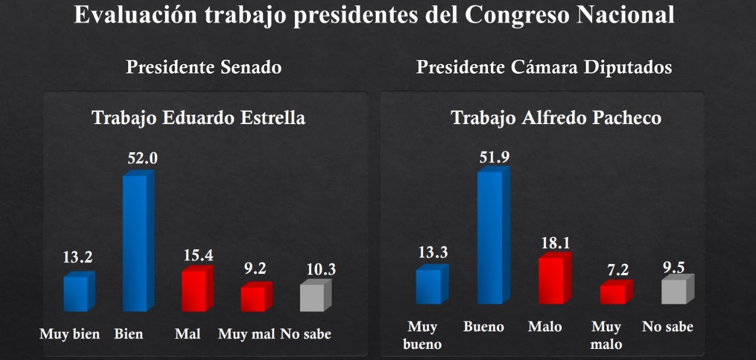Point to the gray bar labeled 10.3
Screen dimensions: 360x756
click(x=314, y=297)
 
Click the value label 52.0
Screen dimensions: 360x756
click(x=143, y=158)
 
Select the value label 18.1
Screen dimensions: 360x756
click(x=555, y=243)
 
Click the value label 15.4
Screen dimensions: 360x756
click(x=197, y=255)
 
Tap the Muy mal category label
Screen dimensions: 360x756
click(x=246, y=334)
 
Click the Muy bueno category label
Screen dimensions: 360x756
click(x=422, y=335)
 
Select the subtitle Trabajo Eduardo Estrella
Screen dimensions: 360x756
click(x=198, y=118)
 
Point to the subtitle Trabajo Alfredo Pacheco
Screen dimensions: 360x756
click(x=556, y=118)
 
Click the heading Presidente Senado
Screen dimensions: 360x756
click(x=204, y=67)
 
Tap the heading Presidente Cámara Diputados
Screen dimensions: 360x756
click(x=544, y=67)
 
